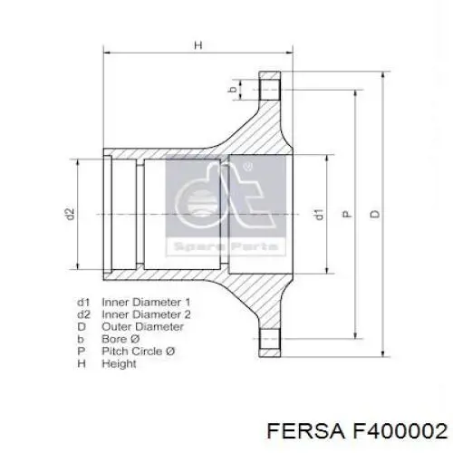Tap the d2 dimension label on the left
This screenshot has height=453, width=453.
(x=69, y=215)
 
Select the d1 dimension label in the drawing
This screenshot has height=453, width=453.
(x=319, y=215)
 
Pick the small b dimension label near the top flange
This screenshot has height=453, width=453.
(x=231, y=89)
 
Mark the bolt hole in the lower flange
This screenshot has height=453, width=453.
(x=269, y=342)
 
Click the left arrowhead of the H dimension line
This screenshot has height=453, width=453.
(x=109, y=53)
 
